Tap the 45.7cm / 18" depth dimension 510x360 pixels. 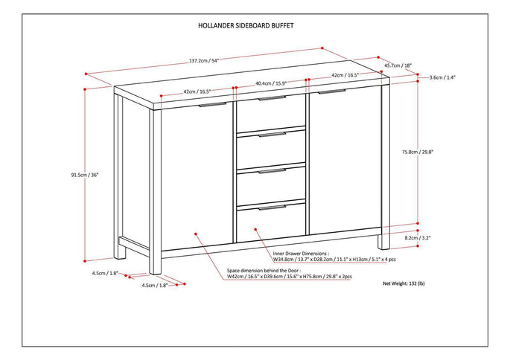[396, 65]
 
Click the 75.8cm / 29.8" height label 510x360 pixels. [439, 152]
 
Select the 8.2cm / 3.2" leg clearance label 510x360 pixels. [439, 238]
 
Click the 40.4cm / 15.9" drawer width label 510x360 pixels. [271, 83]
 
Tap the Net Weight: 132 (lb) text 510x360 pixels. [404, 283]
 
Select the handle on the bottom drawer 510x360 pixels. [272, 208]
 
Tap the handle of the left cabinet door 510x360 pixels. [212, 106]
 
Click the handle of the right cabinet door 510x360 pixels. [332, 93]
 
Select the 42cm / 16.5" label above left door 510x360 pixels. [197, 91]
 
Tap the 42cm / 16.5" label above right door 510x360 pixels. [345, 75]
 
